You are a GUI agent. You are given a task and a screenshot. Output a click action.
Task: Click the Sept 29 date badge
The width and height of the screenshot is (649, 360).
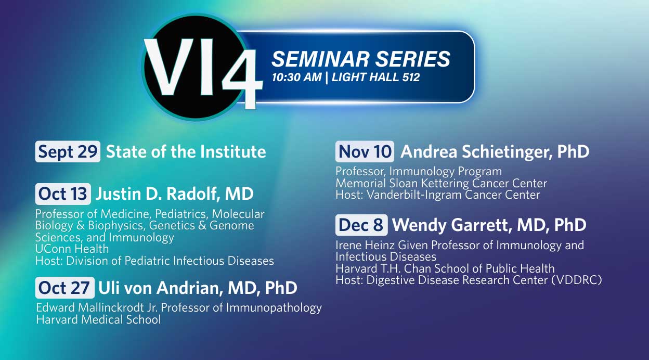[x=68, y=151]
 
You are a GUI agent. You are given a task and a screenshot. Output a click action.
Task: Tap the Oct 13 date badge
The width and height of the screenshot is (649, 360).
[x=63, y=194]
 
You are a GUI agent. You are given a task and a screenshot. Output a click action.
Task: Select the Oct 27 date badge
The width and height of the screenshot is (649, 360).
[x=65, y=288]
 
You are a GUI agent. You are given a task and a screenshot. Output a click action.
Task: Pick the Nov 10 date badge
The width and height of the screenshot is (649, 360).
[x=365, y=151]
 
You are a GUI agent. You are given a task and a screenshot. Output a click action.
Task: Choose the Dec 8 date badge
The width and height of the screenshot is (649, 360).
[x=361, y=225]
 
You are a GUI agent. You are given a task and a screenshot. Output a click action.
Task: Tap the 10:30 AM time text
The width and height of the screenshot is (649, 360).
[x=297, y=78]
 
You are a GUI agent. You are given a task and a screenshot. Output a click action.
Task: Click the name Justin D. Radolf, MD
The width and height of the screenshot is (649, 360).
[x=174, y=194]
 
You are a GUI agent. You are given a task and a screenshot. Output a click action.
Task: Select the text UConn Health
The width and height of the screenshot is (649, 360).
[x=72, y=249]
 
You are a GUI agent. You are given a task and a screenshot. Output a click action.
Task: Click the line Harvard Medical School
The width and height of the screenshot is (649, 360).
[x=98, y=320]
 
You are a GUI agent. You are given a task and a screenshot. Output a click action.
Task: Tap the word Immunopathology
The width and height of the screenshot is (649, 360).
[x=274, y=308]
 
